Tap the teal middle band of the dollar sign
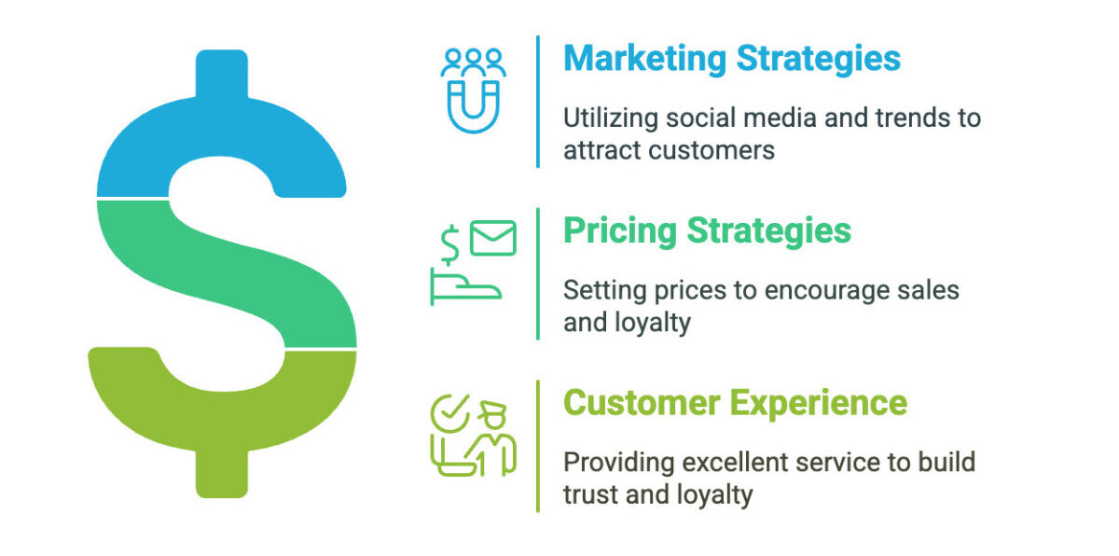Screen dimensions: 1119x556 [x=225, y=272]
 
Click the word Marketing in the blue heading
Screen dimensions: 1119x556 [x=645, y=59]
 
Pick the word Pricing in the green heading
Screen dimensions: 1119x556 [x=620, y=231]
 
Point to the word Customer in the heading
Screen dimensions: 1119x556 [x=642, y=403]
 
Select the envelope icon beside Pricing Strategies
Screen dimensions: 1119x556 [x=493, y=238]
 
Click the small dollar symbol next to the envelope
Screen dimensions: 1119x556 [x=450, y=244]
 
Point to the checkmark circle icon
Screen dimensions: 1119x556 [x=450, y=413]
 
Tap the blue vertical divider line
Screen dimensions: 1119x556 [x=538, y=102]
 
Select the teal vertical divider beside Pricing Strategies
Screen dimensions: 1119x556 [x=538, y=273]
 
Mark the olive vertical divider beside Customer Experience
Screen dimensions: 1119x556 [x=538, y=446]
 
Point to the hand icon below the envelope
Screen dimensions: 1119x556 [x=465, y=286]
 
